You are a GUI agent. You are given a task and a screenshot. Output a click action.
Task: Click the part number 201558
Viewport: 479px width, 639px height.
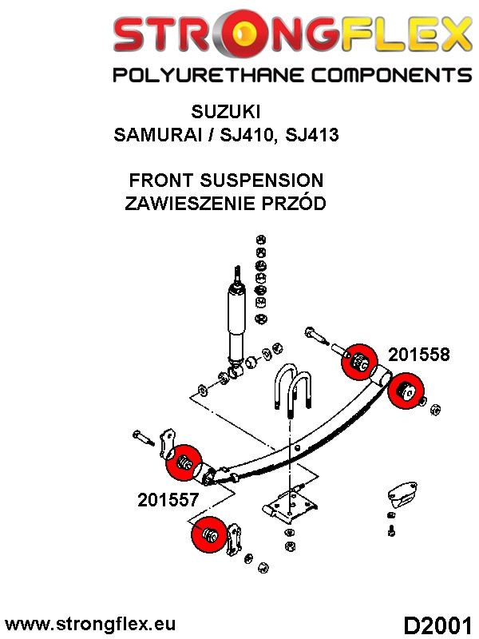coord(418,355)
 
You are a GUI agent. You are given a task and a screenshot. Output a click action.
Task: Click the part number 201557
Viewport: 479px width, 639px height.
coord(168,501)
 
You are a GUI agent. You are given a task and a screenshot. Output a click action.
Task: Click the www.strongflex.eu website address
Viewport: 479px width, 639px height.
coord(90,624)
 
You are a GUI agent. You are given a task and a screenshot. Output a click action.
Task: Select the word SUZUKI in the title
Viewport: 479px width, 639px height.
coord(226,111)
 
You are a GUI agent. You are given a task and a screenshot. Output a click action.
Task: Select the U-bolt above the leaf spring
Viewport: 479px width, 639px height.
coord(291,391)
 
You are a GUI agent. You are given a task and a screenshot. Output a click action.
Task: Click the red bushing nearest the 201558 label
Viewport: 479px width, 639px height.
coord(358,361)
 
